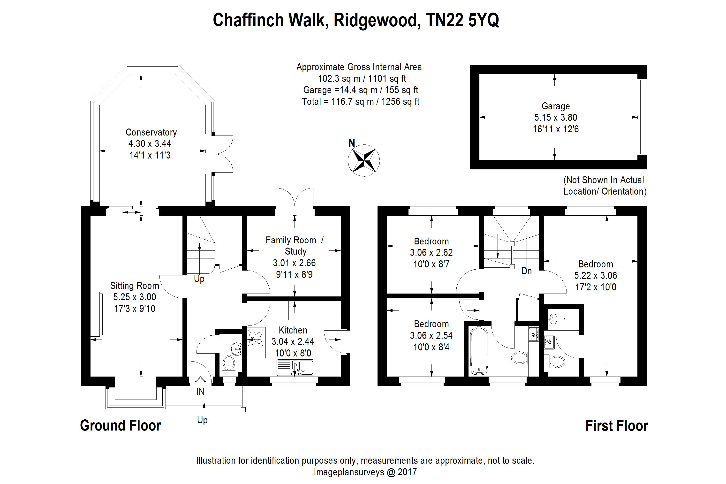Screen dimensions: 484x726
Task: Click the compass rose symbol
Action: pos(364,160)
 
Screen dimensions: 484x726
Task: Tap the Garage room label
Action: pos(556,106)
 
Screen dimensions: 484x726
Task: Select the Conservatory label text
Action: pos(151,132)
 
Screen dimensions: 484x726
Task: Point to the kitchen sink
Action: pos(295,367)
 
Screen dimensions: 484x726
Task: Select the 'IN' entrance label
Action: pos(200,392)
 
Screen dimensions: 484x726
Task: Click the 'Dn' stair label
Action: pos(526,271)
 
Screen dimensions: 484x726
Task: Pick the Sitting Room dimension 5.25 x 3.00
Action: pos(135,297)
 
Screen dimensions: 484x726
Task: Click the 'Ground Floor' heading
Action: pos(120,425)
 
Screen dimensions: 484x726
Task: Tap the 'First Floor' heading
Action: pos(616,426)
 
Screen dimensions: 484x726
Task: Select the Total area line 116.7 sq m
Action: pos(360,102)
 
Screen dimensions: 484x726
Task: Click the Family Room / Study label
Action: pos(295,245)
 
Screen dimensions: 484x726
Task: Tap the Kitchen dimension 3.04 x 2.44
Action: pos(293,341)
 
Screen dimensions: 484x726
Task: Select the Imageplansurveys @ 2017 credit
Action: pos(365,472)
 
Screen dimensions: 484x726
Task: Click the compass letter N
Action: pos(352,143)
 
